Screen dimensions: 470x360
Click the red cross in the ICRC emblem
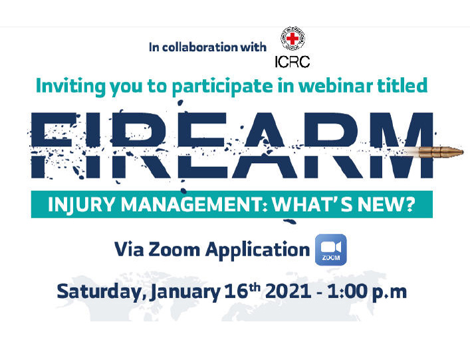(x=293, y=39)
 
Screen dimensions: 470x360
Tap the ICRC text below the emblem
(x=293, y=62)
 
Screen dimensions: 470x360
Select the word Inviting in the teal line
(x=70, y=87)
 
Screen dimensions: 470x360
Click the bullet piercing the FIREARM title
(x=440, y=152)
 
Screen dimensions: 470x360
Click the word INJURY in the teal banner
(x=81, y=204)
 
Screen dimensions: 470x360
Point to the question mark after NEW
(x=410, y=204)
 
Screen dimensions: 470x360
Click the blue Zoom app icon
(x=330, y=250)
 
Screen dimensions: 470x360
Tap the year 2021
(x=288, y=291)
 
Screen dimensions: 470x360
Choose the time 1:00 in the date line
(x=347, y=291)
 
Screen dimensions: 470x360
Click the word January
(x=185, y=292)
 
